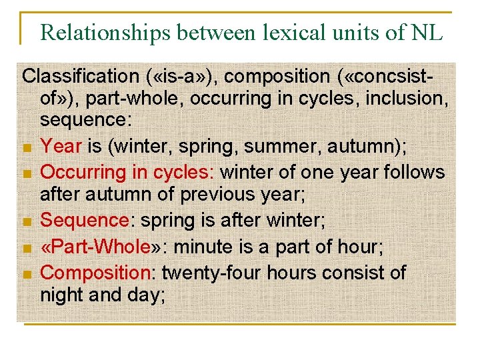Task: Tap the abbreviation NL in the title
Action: (x=427, y=33)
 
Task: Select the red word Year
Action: (x=61, y=146)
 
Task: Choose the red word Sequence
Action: (x=84, y=220)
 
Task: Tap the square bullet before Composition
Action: (x=27, y=274)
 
